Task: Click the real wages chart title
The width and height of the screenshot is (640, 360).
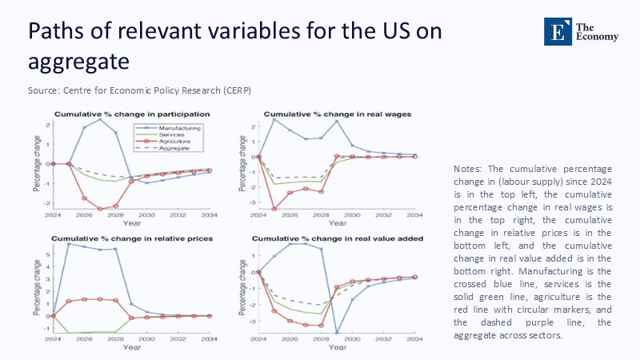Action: coord(338,114)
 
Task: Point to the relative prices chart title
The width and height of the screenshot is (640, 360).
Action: coord(126,238)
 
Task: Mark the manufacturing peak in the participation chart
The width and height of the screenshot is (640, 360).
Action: coord(100,118)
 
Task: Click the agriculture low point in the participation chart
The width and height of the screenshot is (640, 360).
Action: coord(100,209)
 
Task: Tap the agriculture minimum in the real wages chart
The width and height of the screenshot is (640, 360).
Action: coord(274,209)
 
